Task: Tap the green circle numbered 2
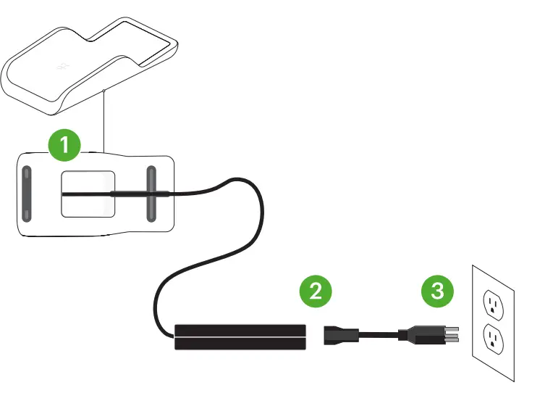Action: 316,291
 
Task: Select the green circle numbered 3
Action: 439,291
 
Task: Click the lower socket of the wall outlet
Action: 494,337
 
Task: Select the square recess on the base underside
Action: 88,194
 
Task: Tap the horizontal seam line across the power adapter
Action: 240,337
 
